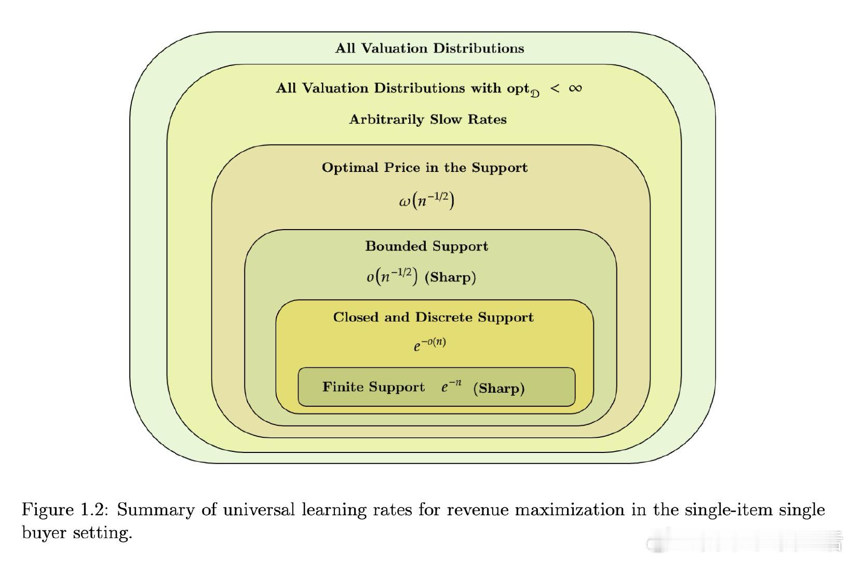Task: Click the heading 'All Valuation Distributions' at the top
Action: coord(429,48)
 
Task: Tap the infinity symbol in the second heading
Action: coord(575,88)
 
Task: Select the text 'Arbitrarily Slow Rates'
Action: coord(428,119)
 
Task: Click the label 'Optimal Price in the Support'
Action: coord(425,167)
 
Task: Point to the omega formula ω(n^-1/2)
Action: coord(426,201)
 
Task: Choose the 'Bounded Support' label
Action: coord(426,246)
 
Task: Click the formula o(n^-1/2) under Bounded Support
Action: coord(392,276)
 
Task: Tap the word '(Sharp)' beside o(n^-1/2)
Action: coord(450,277)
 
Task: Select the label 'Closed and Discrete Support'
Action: coord(434,317)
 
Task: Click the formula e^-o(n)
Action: coord(429,344)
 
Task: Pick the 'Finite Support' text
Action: coord(373,387)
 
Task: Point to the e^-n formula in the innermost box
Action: coord(451,386)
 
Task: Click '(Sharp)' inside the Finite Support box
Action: coord(499,388)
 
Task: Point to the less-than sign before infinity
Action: coord(555,89)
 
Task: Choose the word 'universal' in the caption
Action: coord(259,510)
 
